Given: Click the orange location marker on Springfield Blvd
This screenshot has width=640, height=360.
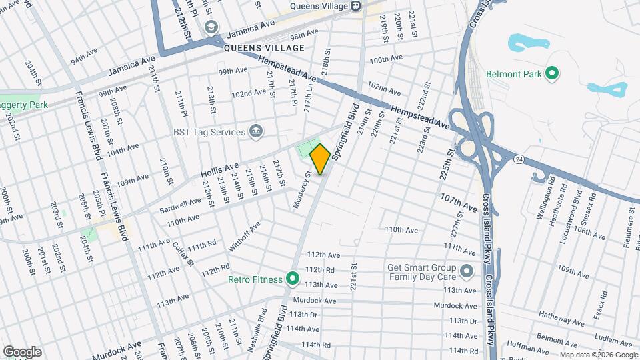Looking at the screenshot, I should coord(320,159).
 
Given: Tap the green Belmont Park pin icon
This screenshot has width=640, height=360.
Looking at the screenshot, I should coord(551,73).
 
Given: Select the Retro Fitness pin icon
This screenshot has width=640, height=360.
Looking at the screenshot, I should coord(291,278).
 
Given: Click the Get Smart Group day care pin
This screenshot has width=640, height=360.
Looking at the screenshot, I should coord(466,271).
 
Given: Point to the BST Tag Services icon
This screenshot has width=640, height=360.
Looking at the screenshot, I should coord(255,131).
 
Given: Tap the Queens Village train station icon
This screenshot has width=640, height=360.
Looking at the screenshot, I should coord(356,6).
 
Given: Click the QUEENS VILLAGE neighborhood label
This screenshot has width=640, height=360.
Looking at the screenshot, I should coord(264,48).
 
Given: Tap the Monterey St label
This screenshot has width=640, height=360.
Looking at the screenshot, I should coord(302,191).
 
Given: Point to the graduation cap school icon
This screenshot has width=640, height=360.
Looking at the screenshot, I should coord(212,27).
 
